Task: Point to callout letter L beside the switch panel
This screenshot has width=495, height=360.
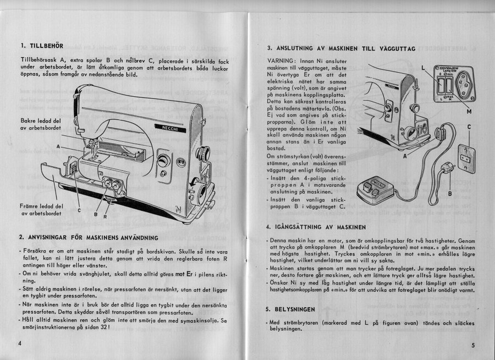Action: pyautogui.click(x=423, y=68)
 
